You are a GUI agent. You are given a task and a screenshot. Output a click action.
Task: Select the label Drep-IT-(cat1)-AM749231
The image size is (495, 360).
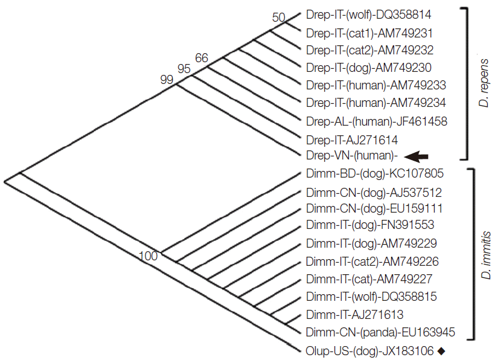click(369, 32)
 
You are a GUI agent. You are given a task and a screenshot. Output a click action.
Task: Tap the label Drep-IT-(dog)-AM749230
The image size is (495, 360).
click(369, 67)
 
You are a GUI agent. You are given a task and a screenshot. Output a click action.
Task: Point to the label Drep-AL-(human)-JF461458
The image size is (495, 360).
click(377, 121)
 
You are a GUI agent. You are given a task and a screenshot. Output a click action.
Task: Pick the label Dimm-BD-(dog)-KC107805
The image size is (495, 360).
click(375, 174)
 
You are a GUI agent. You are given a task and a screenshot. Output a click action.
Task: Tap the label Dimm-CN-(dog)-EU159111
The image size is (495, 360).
click(374, 208)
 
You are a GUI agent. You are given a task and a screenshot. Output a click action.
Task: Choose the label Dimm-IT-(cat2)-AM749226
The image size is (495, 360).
click(372, 262)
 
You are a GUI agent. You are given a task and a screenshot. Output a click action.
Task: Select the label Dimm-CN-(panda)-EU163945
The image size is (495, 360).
click(380, 332)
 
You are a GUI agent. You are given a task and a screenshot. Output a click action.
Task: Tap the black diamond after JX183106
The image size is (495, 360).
click(441, 350)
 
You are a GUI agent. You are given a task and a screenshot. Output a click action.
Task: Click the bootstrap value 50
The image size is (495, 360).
click(278, 18)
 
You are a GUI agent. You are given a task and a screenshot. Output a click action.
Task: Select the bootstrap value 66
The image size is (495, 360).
click(202, 59)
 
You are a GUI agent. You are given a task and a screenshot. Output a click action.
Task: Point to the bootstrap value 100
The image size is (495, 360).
click(148, 256)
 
